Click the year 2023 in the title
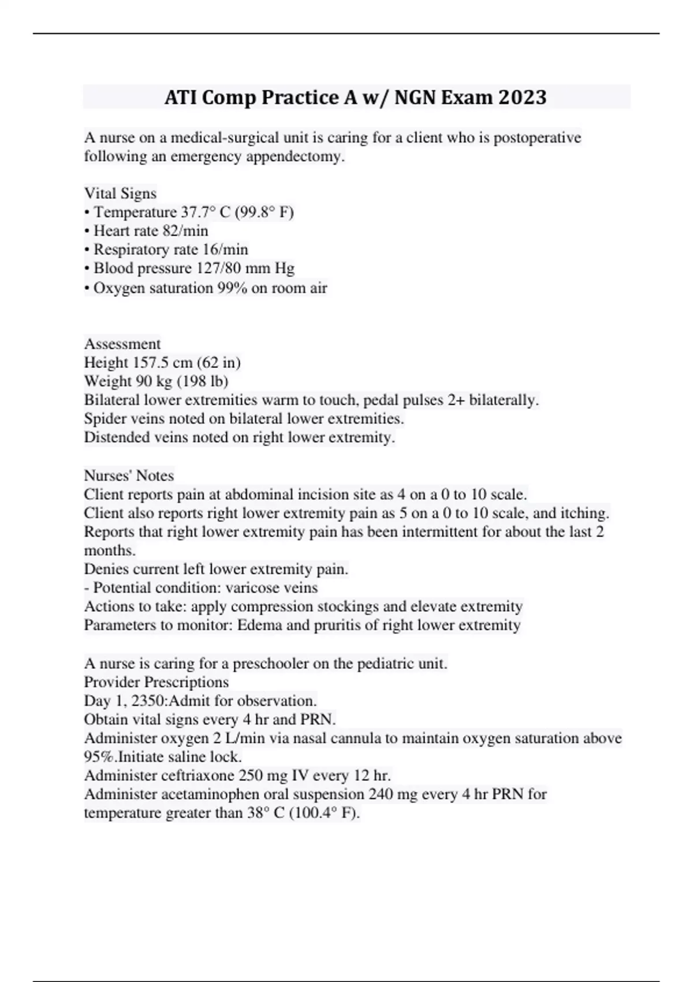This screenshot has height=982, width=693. [x=522, y=97]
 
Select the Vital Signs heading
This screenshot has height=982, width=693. [x=120, y=193]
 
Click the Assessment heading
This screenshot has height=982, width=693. [x=122, y=344]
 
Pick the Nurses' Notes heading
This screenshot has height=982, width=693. [x=129, y=475]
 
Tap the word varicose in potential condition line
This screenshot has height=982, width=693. [x=249, y=588]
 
